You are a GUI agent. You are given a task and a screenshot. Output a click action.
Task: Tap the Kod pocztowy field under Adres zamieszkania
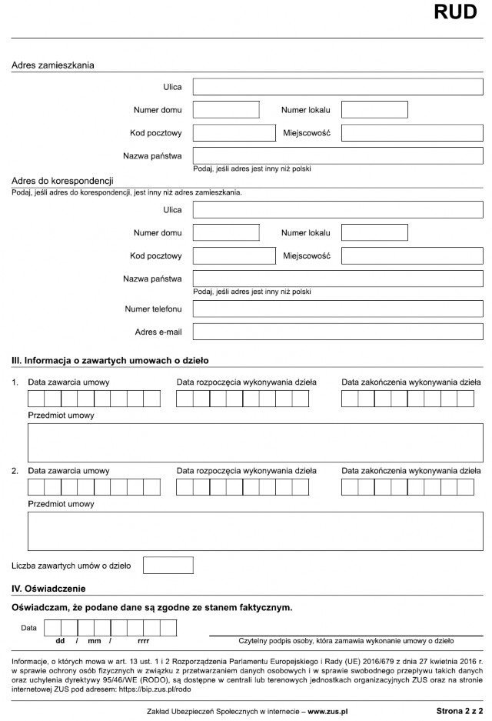pos(234,133)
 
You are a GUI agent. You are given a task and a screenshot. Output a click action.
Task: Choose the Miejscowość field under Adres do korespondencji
pos(412,255)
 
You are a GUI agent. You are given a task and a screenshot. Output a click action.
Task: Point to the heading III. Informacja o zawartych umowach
pos(110,360)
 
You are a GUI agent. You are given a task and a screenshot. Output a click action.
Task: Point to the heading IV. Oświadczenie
pos(48,589)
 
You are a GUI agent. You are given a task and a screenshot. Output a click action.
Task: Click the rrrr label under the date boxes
pos(143,640)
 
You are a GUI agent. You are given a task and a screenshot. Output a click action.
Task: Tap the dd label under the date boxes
pos(60,640)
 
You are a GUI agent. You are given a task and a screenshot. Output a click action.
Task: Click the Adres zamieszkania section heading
pos(52,65)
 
